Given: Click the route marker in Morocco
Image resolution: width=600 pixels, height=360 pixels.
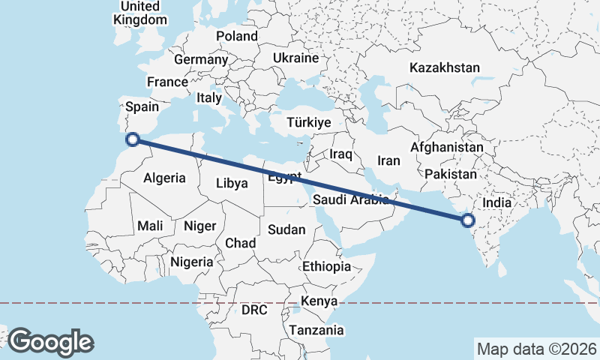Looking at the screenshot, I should pyautogui.click(x=133, y=139).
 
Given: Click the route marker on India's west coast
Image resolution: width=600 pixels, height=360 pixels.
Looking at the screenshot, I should pyautogui.click(x=468, y=220).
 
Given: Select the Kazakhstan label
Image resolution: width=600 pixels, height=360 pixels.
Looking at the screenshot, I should pyautogui.click(x=444, y=67).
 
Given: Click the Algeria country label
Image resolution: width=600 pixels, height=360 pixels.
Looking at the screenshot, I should pyautogui.click(x=164, y=178).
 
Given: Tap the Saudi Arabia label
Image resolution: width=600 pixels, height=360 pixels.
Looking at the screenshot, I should pyautogui.click(x=350, y=199).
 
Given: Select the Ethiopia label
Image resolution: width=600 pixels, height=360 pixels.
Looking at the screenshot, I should pyautogui.click(x=326, y=266).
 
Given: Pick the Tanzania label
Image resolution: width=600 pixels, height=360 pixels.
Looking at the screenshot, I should pyautogui.click(x=316, y=330).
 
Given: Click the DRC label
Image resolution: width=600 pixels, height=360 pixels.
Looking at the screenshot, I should pyautogui.click(x=254, y=310).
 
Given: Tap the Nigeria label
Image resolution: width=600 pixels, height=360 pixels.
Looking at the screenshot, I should pyautogui.click(x=192, y=262).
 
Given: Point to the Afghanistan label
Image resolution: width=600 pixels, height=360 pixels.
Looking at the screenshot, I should pyautogui.click(x=446, y=148).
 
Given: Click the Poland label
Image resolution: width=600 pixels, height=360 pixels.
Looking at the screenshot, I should pyautogui.click(x=236, y=36).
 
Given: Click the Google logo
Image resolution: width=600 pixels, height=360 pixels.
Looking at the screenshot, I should pyautogui.click(x=51, y=341).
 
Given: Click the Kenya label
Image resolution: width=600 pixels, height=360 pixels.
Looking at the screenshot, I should pyautogui.click(x=319, y=301).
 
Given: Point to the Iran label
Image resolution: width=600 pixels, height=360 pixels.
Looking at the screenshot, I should pyautogui.click(x=388, y=160).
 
